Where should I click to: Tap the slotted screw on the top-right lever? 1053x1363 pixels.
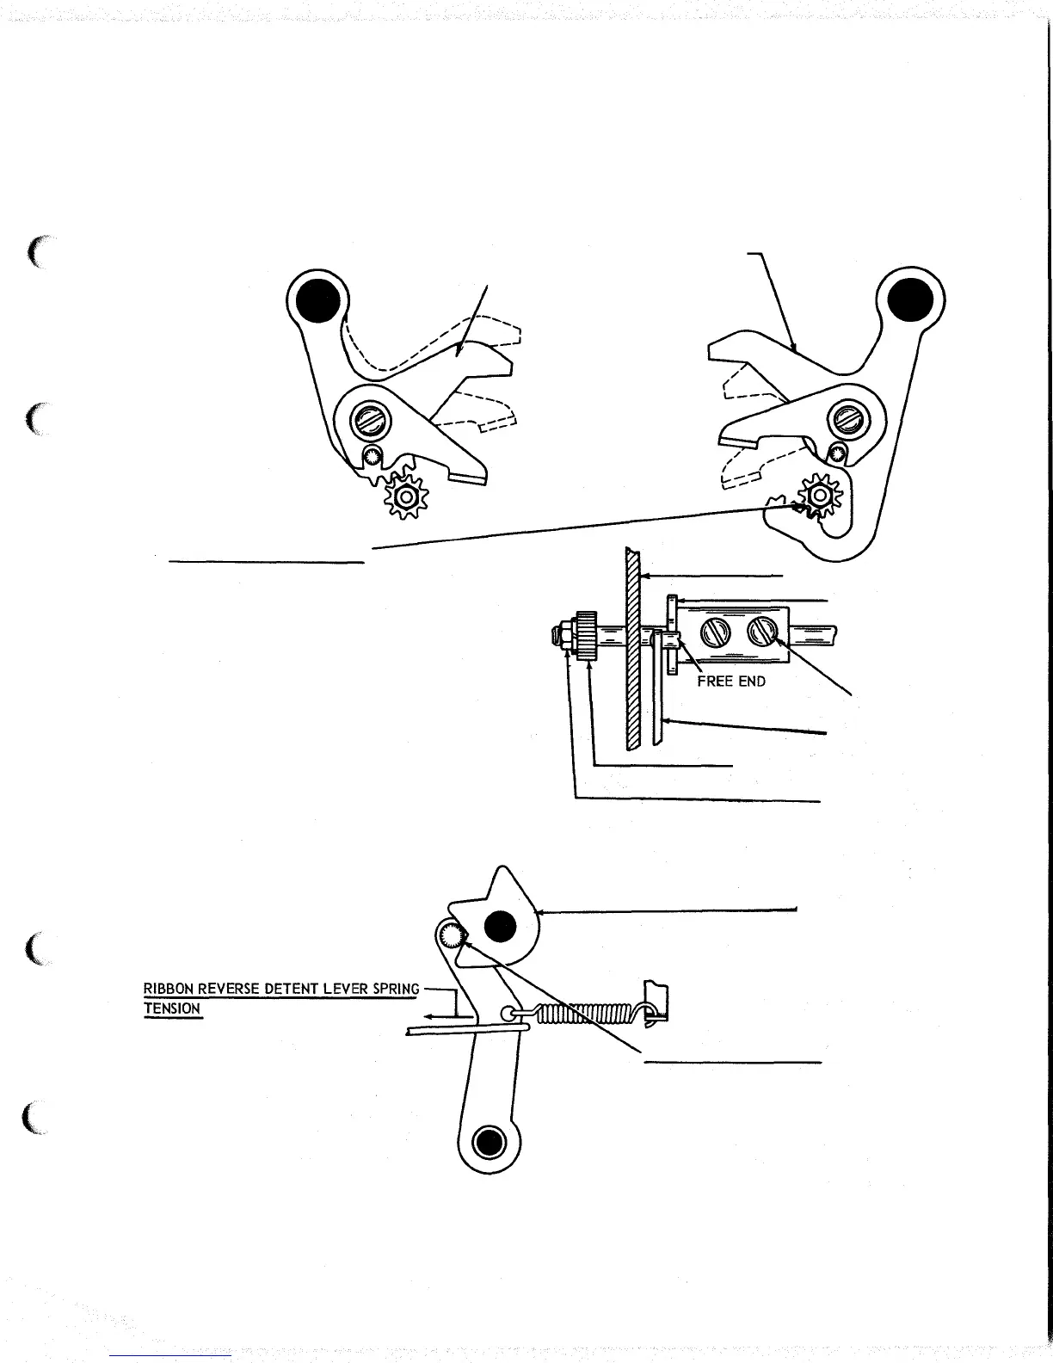tap(842, 421)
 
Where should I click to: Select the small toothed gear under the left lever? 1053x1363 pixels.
tap(401, 496)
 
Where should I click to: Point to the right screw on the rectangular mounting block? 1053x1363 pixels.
tap(763, 632)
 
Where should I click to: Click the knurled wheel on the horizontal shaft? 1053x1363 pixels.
tap(588, 637)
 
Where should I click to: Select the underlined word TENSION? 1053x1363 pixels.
tap(172, 1008)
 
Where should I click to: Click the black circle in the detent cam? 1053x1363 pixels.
tap(501, 927)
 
